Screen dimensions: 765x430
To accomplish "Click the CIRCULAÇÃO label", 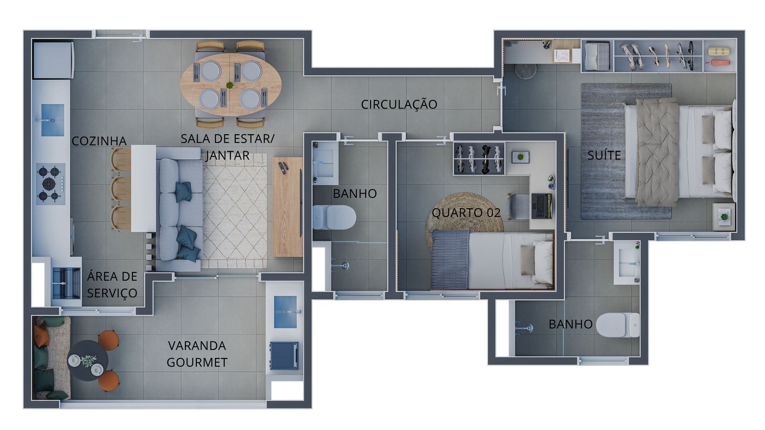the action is point(399,104).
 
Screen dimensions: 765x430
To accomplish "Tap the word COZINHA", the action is point(99,141).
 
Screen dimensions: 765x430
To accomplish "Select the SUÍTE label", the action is point(604,155).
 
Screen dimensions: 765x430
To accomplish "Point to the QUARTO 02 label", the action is point(466,213).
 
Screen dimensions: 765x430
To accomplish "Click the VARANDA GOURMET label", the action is point(197,354).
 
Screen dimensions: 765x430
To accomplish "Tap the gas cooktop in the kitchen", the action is point(50,184).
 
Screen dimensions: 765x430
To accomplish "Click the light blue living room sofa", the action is point(178,209).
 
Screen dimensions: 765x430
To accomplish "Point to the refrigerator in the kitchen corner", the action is point(53,60).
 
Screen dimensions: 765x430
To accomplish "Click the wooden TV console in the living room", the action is point(288,207).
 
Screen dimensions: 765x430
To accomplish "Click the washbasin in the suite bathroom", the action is point(627,262).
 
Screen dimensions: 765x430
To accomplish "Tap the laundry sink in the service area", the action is point(65,283).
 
